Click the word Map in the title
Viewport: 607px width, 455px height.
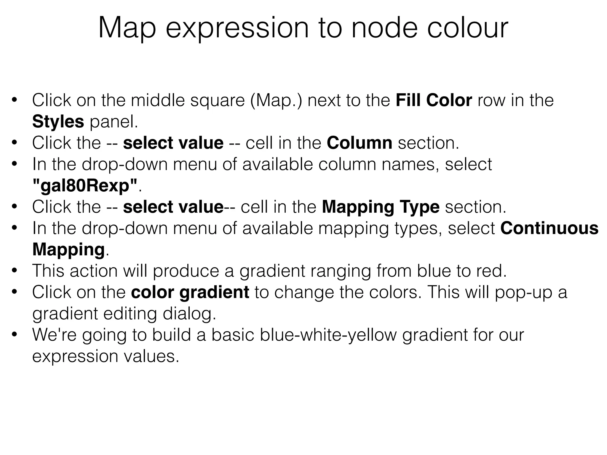click(x=127, y=28)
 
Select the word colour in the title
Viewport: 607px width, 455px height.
click(x=467, y=28)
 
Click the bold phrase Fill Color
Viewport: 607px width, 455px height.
click(x=434, y=100)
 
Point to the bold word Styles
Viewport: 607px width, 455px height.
click(x=58, y=122)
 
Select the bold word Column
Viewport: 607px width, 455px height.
click(x=359, y=143)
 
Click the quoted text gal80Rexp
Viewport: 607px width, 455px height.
click(x=85, y=186)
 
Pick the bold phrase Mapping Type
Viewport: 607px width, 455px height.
click(x=381, y=207)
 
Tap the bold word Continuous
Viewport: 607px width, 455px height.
click(x=549, y=228)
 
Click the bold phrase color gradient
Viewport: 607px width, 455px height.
click(x=190, y=292)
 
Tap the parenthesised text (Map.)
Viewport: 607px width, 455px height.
click(x=276, y=100)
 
